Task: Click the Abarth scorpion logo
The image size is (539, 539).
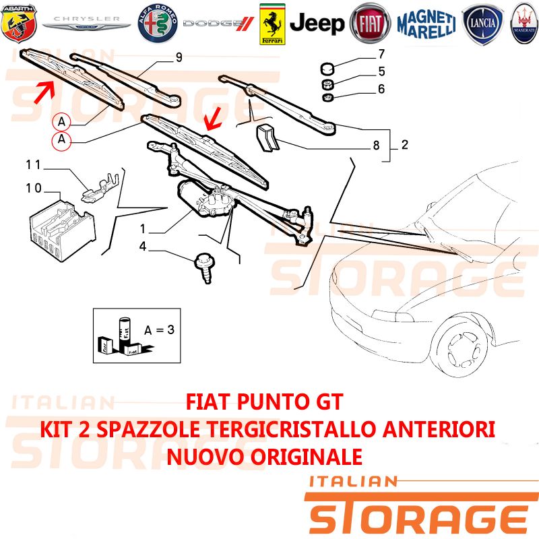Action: [19, 24]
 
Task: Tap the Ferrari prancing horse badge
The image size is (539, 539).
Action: [272, 24]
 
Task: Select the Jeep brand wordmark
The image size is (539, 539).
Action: [317, 24]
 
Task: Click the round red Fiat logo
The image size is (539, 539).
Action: [370, 24]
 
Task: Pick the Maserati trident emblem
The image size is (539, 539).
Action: [524, 24]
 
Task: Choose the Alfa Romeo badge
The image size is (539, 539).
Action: [158, 24]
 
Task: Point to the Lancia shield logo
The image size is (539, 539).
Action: [482, 24]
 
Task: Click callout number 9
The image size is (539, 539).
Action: [179, 57]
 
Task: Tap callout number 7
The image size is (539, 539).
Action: [381, 54]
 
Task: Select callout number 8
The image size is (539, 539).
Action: [377, 146]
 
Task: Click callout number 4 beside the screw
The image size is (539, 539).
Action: [143, 246]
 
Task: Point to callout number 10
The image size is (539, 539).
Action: [34, 188]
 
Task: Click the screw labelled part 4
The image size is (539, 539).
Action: [205, 267]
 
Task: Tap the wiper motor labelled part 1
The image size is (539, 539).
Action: [205, 199]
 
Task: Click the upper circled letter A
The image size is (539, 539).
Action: [61, 122]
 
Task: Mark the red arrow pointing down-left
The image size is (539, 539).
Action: [213, 119]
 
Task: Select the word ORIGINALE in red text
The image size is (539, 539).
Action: [306, 457]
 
